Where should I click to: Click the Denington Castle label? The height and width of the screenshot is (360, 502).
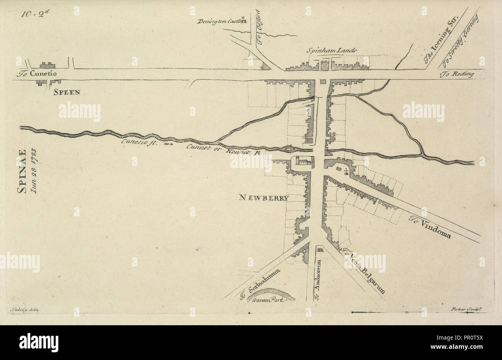(x=218, y=22)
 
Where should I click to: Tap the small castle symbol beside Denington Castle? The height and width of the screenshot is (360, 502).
(x=243, y=20)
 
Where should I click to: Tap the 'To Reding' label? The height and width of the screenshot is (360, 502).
(x=457, y=75)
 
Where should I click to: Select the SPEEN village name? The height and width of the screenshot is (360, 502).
(x=67, y=92)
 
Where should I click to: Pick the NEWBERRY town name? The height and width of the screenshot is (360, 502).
(x=264, y=198)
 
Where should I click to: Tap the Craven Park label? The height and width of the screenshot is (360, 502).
(x=270, y=300)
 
